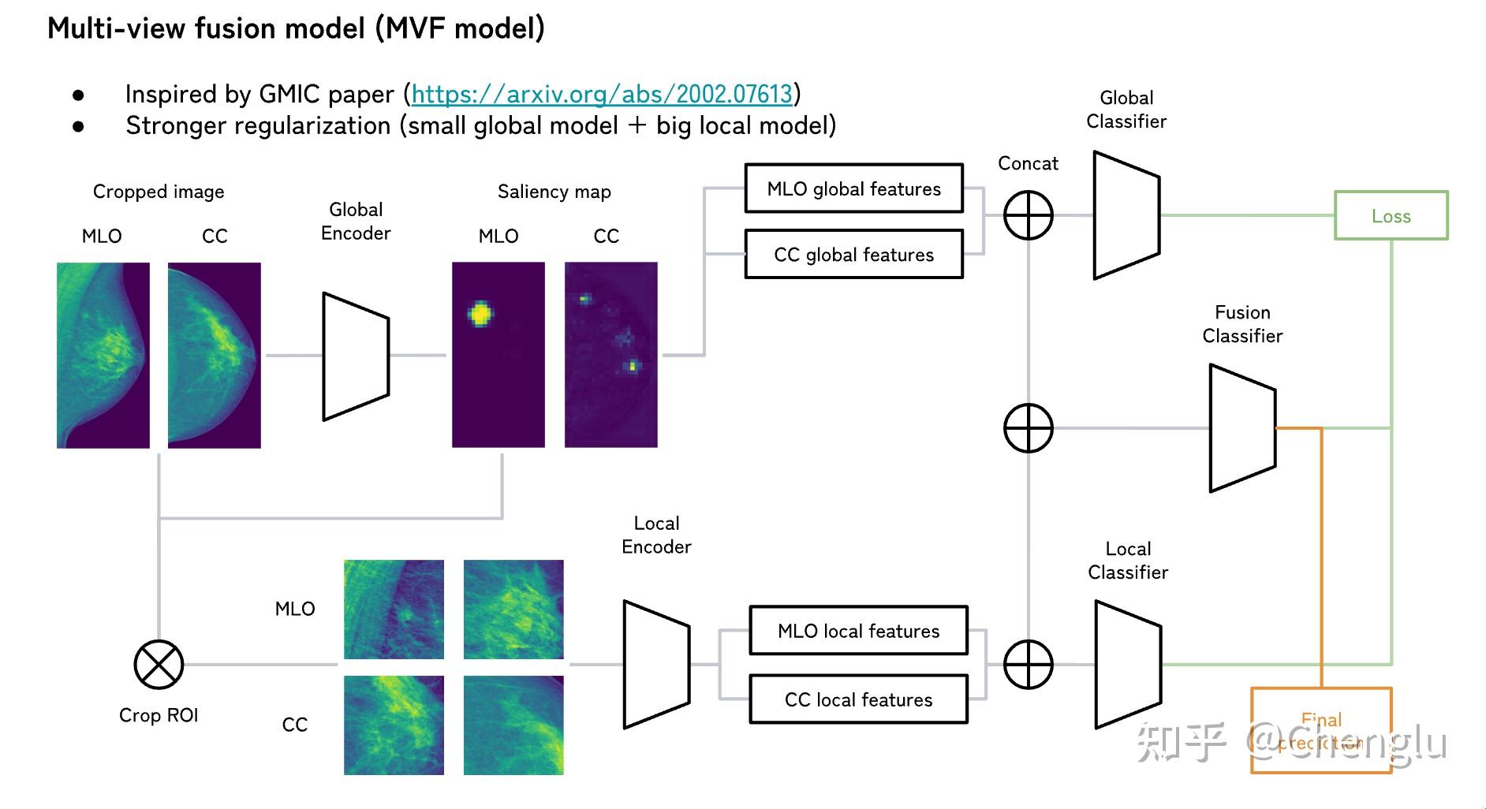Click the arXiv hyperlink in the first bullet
click(602, 95)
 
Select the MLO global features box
click(853, 188)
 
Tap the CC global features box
click(853, 255)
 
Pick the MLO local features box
click(858, 631)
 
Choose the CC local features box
click(858, 699)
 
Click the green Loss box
click(1391, 215)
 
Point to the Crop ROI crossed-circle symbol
click(159, 665)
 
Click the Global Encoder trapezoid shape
click(356, 356)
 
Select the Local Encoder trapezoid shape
click(656, 665)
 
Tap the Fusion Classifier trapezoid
click(1242, 428)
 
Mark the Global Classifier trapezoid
click(1126, 215)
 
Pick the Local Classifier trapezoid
click(1128, 665)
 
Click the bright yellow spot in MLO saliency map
click(480, 314)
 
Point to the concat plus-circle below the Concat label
click(1028, 215)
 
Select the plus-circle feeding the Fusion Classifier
click(1028, 428)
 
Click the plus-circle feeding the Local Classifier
click(1028, 665)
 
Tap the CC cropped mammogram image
click(214, 356)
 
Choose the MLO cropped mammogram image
click(103, 356)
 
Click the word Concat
click(1028, 164)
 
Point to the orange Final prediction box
click(1321, 730)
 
